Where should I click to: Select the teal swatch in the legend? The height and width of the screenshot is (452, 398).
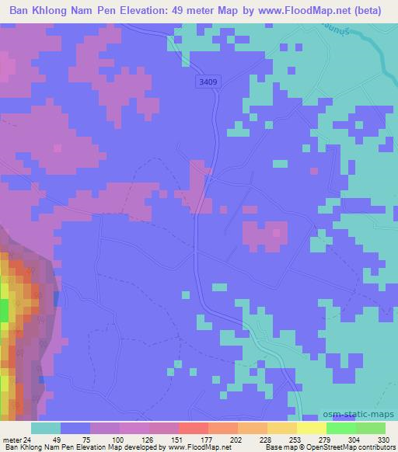click(x=46, y=428)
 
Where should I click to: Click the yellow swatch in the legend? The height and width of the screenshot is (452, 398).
click(x=312, y=428)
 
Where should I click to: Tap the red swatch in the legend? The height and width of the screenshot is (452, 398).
click(x=193, y=428)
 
